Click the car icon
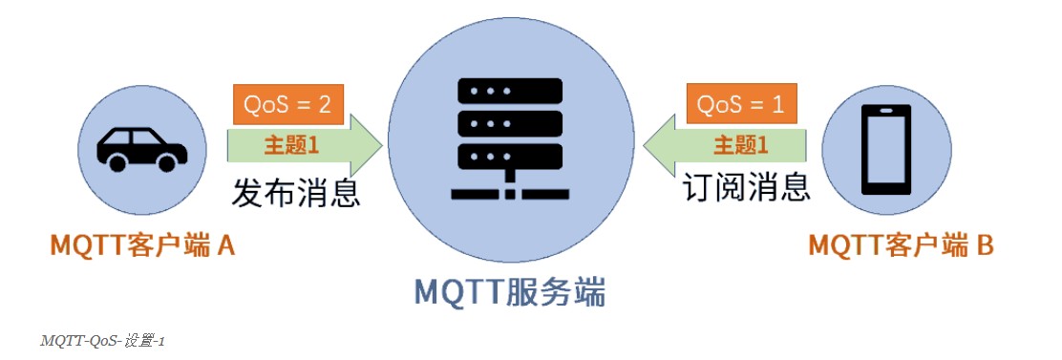pyautogui.click(x=142, y=148)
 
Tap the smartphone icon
pyautogui.click(x=885, y=148)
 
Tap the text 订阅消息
pyautogui.click(x=748, y=187)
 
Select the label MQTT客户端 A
pyautogui.click(x=142, y=246)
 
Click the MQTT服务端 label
pyautogui.click(x=509, y=291)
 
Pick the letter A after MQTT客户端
pyautogui.click(x=226, y=246)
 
